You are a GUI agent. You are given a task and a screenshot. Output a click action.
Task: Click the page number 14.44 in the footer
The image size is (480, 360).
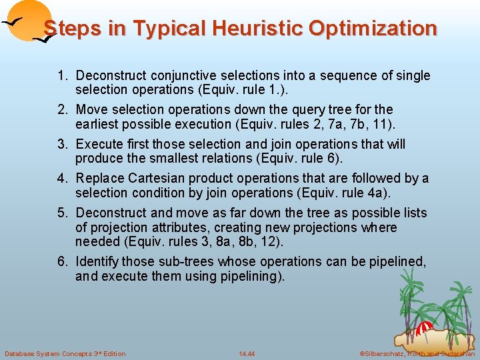[x=247, y=353]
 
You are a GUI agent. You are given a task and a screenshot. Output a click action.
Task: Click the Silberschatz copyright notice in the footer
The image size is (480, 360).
[x=417, y=353]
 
